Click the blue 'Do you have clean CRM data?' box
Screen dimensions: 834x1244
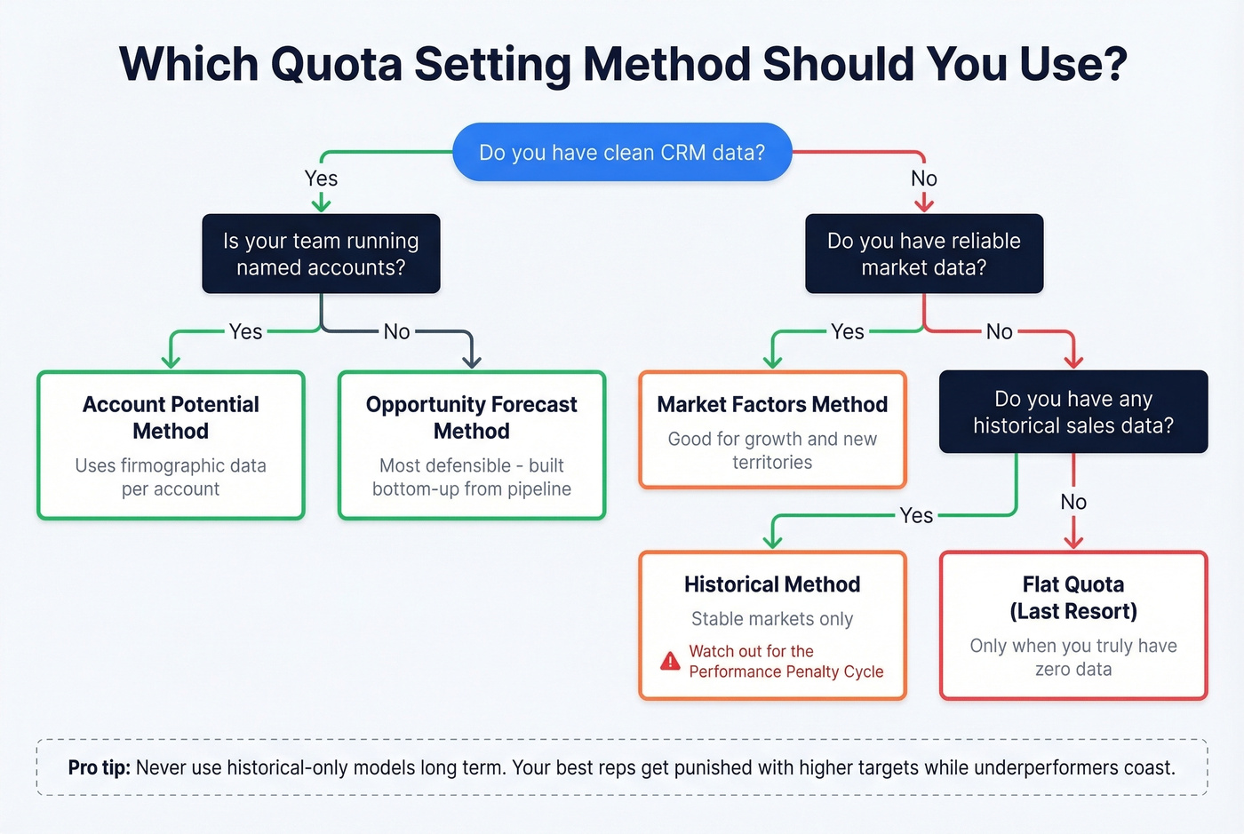tap(622, 153)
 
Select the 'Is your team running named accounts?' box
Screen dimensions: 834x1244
tap(321, 254)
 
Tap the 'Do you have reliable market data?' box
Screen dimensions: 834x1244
tap(924, 254)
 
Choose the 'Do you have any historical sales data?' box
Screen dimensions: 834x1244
tap(1073, 412)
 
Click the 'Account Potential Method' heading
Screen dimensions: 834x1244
tap(171, 417)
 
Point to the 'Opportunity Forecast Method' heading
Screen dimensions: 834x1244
tap(472, 417)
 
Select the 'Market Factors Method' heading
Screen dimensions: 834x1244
tap(772, 405)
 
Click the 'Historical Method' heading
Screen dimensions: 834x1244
tap(772, 584)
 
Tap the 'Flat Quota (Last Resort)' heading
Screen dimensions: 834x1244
tap(1073, 598)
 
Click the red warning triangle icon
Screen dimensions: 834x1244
tap(670, 662)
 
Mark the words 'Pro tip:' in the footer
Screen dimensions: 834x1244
tap(99, 767)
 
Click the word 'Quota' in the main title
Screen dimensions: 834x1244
tap(337, 64)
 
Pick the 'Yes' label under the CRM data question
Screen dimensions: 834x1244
tap(321, 179)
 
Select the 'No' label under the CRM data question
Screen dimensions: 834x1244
tap(924, 179)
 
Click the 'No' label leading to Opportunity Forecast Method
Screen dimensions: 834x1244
tap(396, 332)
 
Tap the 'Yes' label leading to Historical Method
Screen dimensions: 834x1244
tap(916, 515)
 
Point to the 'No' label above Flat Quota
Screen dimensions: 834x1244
tap(1073, 502)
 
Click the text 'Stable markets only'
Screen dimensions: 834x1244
tap(772, 619)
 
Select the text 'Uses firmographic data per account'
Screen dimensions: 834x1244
tap(171, 477)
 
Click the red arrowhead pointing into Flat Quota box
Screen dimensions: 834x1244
tap(1073, 541)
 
